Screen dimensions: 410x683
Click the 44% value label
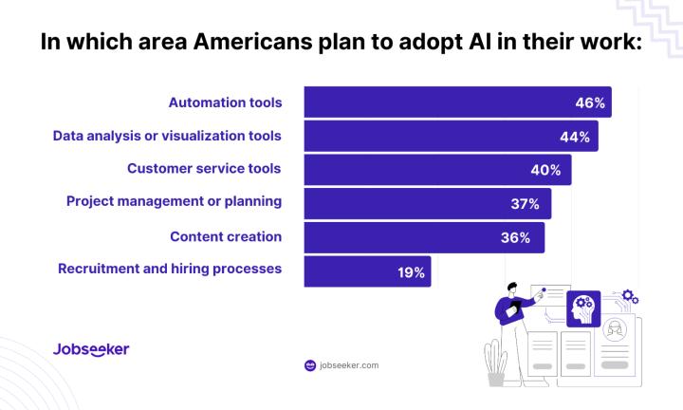pyautogui.click(x=576, y=137)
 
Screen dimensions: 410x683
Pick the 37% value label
pyautogui.click(x=525, y=203)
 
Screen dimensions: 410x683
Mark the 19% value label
pyautogui.click(x=411, y=271)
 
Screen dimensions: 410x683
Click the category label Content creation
pyautogui.click(x=226, y=235)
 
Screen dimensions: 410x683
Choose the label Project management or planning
pyautogui.click(x=174, y=201)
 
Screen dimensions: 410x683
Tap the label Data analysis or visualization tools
pyautogui.click(x=167, y=136)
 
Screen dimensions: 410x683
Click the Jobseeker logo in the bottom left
pyautogui.click(x=91, y=349)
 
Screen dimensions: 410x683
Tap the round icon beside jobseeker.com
pyautogui.click(x=309, y=364)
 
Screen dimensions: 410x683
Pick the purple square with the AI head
pyautogui.click(x=582, y=309)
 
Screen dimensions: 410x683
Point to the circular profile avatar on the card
pyautogui.click(x=614, y=333)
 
